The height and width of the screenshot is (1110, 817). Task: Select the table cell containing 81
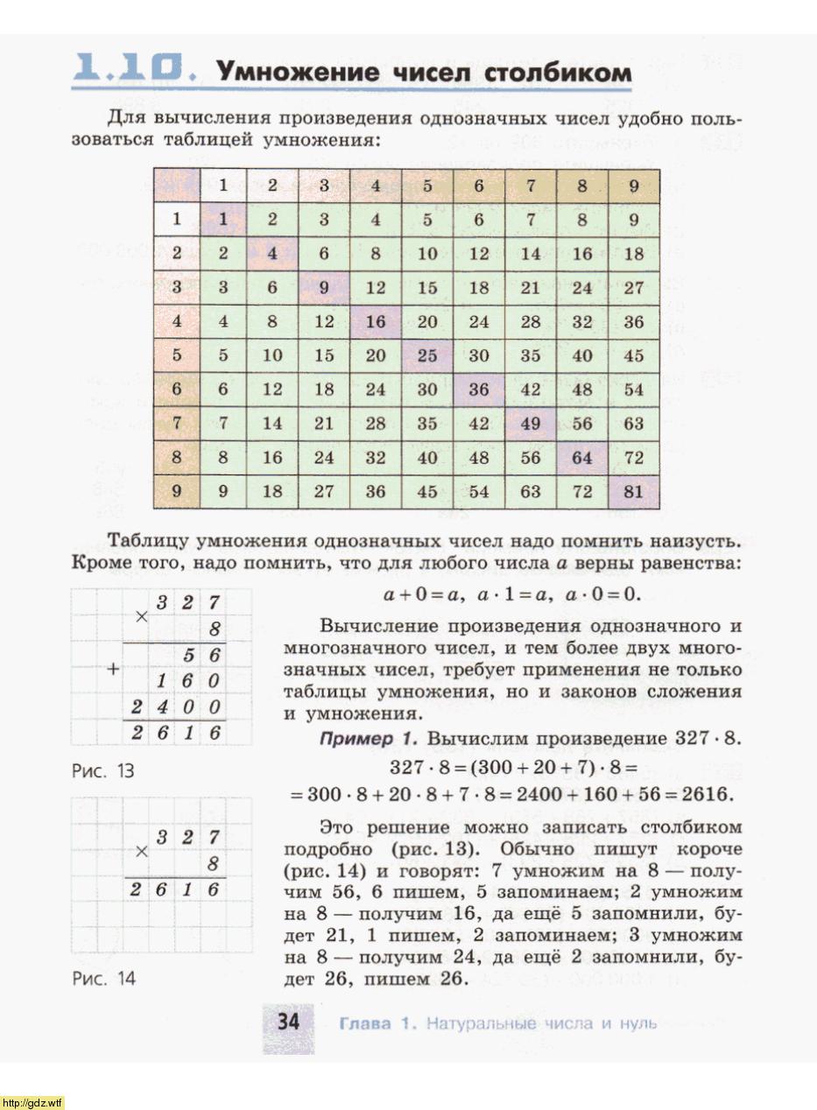click(x=633, y=492)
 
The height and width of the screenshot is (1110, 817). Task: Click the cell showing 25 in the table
click(x=427, y=356)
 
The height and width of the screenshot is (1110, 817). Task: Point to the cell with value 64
click(x=582, y=458)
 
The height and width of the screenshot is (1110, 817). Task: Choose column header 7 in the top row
click(x=531, y=186)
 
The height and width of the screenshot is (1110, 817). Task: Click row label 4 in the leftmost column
click(x=177, y=321)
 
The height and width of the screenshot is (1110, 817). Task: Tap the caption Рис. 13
click(x=102, y=771)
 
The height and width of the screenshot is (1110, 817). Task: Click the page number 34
click(x=289, y=1022)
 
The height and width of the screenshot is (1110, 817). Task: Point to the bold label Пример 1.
click(x=368, y=739)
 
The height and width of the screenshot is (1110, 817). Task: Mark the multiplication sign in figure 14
click(x=142, y=849)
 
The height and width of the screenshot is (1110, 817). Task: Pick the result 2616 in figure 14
click(x=175, y=889)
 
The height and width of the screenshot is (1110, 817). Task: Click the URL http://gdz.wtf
click(x=32, y=1101)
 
